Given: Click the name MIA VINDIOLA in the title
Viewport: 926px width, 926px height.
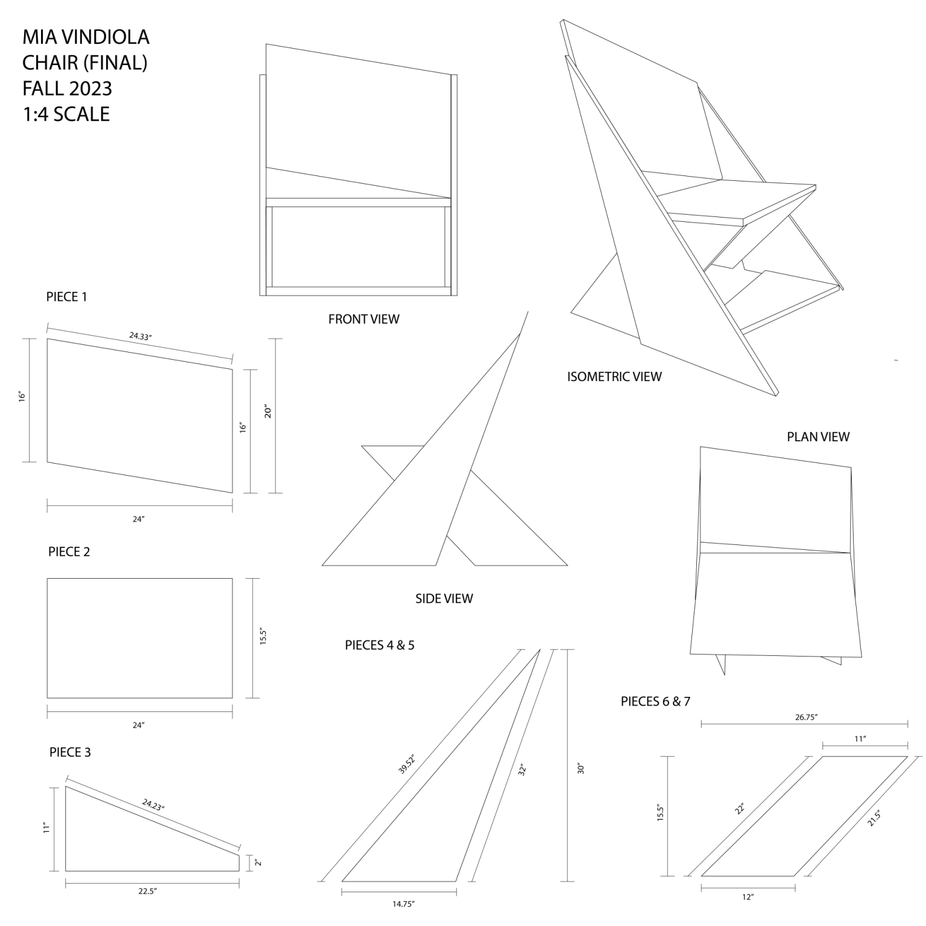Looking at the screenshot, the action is [x=86, y=37].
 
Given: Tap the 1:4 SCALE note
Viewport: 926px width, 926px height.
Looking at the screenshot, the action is [x=66, y=114].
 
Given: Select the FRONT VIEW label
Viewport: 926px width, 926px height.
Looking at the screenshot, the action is [x=364, y=319].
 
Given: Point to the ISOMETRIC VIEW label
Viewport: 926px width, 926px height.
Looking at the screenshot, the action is [x=614, y=377].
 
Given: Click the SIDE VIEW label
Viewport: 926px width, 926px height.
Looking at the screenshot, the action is [x=444, y=599].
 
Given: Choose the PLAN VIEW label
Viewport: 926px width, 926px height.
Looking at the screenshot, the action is [x=818, y=436].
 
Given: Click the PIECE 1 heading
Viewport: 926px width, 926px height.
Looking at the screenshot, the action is [x=67, y=297].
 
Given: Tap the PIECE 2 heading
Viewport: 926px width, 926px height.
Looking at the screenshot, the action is [x=69, y=552].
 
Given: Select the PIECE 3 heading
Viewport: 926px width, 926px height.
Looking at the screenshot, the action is [x=70, y=752].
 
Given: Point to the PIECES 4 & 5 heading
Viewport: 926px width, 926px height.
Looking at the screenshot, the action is [x=380, y=645].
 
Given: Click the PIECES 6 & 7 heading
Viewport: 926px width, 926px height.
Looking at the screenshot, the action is [x=655, y=701].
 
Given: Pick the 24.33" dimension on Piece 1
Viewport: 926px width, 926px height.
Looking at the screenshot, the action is [x=140, y=336].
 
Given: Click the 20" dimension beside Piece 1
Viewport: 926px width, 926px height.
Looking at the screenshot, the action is [x=268, y=411].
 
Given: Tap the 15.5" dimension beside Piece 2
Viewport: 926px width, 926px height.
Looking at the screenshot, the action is [x=263, y=637].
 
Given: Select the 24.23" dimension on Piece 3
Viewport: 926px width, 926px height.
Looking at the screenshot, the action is [x=154, y=804].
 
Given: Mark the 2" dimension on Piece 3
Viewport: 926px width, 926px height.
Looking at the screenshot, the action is [x=257, y=863].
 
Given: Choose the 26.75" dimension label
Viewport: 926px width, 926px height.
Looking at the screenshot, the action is [x=806, y=717].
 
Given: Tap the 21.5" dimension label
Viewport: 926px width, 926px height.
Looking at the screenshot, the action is [x=875, y=818].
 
